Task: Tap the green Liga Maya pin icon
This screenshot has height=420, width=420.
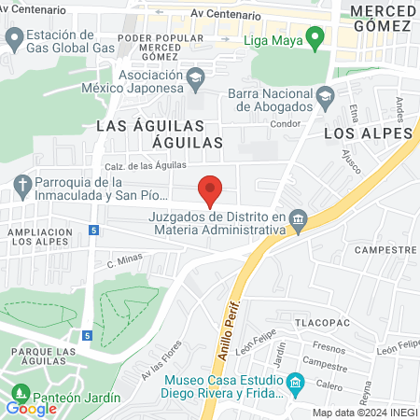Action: coord(315,39)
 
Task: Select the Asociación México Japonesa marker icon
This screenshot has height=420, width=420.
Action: coord(195,77)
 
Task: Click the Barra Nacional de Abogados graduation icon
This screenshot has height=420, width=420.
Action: coord(325,94)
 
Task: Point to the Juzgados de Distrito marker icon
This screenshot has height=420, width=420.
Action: coord(298,221)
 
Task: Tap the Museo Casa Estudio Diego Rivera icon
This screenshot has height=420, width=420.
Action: coord(296,383)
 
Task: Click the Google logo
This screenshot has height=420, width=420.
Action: coord(31,408)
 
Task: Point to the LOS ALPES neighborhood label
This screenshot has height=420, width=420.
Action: coord(367,133)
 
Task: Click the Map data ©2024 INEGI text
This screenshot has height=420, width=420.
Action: coord(364,413)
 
